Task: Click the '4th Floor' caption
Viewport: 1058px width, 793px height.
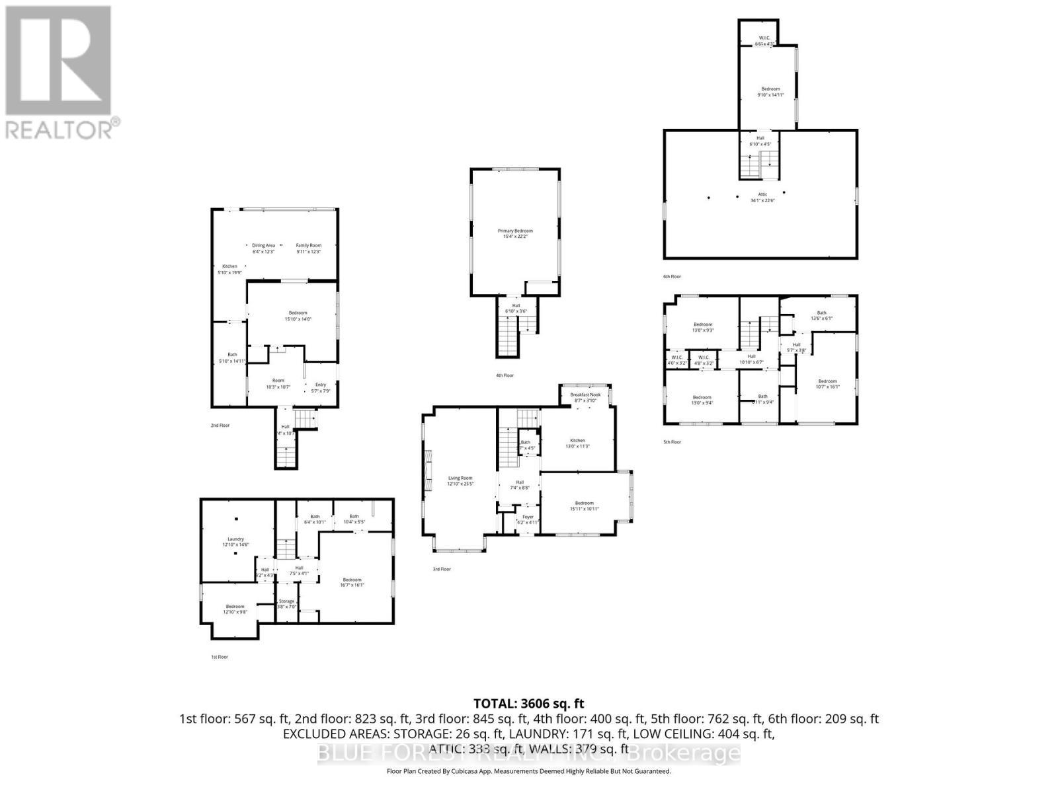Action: pyautogui.click(x=505, y=375)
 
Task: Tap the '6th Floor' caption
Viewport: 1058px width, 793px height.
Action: pyautogui.click(x=672, y=276)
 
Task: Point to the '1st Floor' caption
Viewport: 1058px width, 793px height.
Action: pyautogui.click(x=219, y=657)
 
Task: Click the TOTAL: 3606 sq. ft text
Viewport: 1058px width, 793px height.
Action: pyautogui.click(x=528, y=704)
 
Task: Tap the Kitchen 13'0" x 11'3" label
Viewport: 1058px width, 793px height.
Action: pyautogui.click(x=577, y=443)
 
